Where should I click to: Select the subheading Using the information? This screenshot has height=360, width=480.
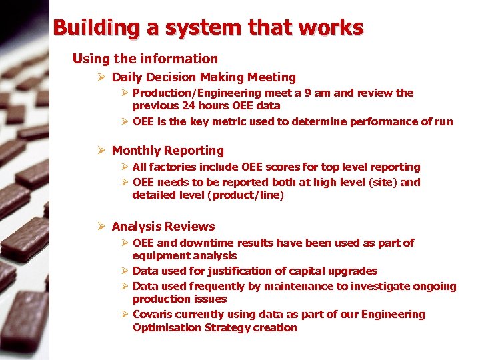pos(145,59)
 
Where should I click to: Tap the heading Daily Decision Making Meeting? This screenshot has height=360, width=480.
pos(203,77)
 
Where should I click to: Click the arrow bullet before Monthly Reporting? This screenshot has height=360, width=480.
pos(101,151)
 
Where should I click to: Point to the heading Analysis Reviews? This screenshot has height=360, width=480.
pos(163,227)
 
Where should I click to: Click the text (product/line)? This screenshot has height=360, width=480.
pos(245,195)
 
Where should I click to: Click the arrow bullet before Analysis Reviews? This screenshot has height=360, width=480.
pos(101,227)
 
